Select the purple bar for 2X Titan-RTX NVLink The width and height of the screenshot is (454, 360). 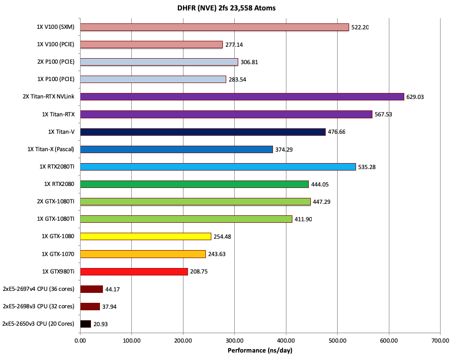coord(242,96)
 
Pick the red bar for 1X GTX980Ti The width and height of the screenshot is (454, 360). coord(134,271)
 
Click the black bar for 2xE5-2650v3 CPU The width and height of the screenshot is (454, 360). coord(86,324)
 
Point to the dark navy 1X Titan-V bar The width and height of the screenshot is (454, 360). coord(202,132)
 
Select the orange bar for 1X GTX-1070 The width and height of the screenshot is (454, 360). coord(143,254)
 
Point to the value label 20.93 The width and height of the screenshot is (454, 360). coord(101,324)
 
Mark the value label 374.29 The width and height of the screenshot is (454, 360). coord(284,150)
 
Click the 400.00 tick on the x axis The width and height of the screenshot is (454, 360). coord(286,341)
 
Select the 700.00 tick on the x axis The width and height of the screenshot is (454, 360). coord(440,341)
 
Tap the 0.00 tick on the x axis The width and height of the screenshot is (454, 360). coord(80,341)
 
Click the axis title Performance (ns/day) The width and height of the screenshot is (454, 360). coord(260,351)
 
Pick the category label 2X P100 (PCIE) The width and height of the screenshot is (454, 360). coord(56,62)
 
